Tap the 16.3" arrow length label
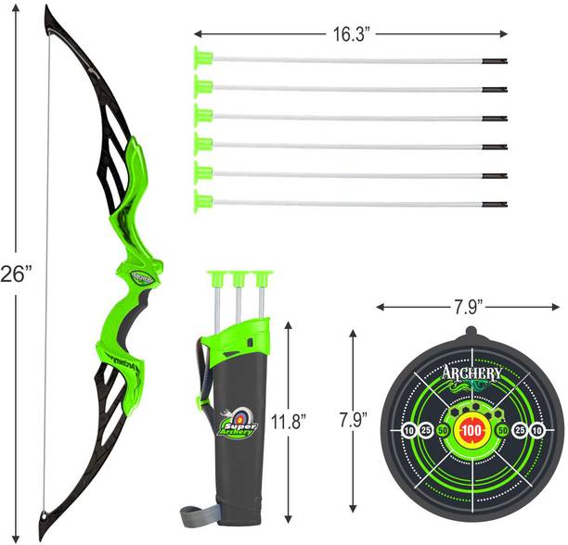355,34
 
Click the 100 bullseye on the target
473,429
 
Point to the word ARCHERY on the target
473,374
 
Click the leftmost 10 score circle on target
409,429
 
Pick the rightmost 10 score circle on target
536,429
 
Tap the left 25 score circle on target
425,429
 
